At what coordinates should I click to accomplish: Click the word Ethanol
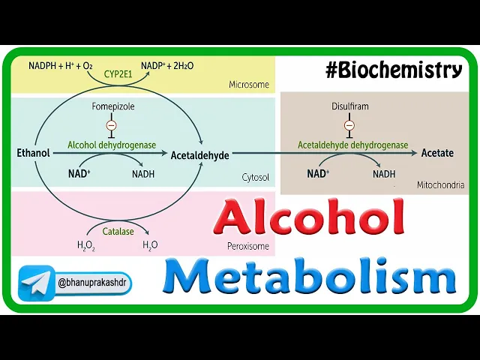pos(33,153)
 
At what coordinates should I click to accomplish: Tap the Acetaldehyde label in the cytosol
pos(199,154)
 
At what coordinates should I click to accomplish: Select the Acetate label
pos(437,153)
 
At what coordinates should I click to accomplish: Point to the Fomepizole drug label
pos(112,106)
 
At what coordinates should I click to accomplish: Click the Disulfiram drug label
pos(349,106)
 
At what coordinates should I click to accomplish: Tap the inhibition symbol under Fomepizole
pos(112,125)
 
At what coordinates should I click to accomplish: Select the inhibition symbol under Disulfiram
pos(349,125)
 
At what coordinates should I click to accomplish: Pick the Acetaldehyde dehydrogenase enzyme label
pos(352,145)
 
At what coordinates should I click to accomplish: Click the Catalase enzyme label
pos(118,232)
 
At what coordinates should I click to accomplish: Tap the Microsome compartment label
pos(248,85)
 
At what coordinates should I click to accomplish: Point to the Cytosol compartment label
pos(256,178)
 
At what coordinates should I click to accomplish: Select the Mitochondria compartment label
pos(440,184)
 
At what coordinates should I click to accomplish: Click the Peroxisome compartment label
pos(249,245)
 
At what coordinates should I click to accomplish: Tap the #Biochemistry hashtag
pos(393,70)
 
